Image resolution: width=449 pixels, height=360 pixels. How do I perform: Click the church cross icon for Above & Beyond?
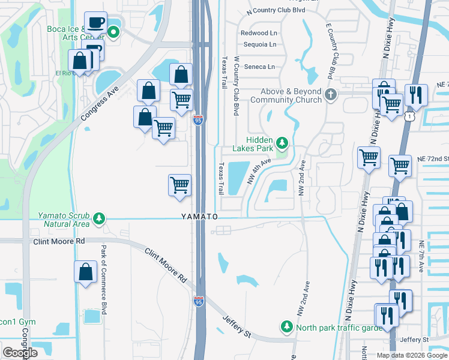(x=330, y=95)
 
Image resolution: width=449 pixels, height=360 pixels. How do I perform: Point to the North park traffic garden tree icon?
(x=287, y=327)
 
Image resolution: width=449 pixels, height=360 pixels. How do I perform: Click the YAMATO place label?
(x=199, y=216)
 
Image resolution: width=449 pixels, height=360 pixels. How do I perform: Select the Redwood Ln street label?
(x=258, y=33)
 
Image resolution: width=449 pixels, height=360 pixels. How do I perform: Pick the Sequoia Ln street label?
(x=259, y=44)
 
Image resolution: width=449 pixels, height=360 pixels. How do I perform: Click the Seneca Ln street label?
(x=259, y=67)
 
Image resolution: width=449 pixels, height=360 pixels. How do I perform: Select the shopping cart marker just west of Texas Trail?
(x=179, y=185)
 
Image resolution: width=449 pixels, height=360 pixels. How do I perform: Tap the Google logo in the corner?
(x=20, y=353)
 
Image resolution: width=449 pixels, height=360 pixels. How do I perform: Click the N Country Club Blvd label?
(x=276, y=11)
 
